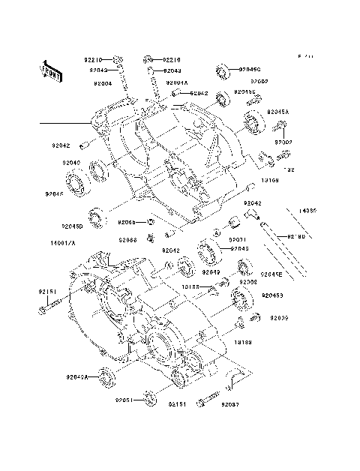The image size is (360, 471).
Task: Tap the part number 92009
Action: pyautogui.click(x=269, y=318)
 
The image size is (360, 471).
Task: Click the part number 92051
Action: pyautogui.click(x=124, y=400)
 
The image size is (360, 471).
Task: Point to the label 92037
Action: pyautogui.click(x=231, y=404)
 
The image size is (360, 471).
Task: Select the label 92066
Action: pyautogui.click(x=127, y=240)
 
